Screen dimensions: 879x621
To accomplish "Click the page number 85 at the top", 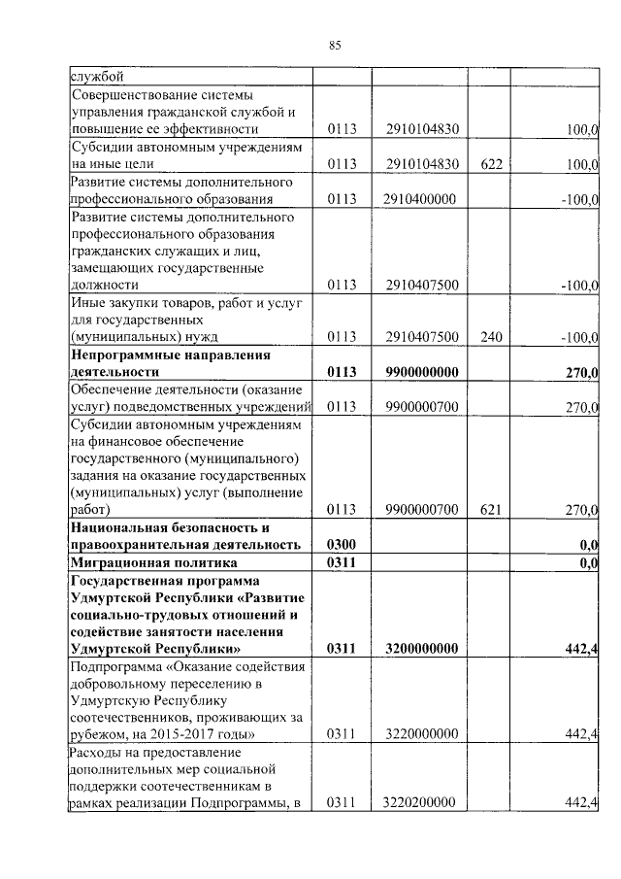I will pyautogui.click(x=335, y=45).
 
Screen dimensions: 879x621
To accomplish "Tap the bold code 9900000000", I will pyautogui.click(x=421, y=372).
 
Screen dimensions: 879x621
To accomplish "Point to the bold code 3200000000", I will pyautogui.click(x=421, y=648).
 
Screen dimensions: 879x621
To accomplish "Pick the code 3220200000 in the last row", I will pyautogui.click(x=421, y=801).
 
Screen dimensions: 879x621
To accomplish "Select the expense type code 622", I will pyautogui.click(x=490, y=165).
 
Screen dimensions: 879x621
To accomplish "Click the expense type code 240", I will pyautogui.click(x=490, y=337).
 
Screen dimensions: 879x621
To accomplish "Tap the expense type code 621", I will pyautogui.click(x=490, y=509).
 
